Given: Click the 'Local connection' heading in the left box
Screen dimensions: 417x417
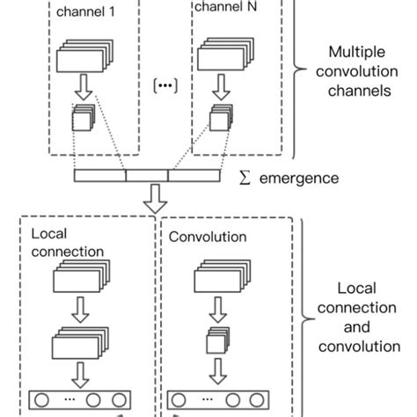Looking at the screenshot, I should (67, 244).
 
